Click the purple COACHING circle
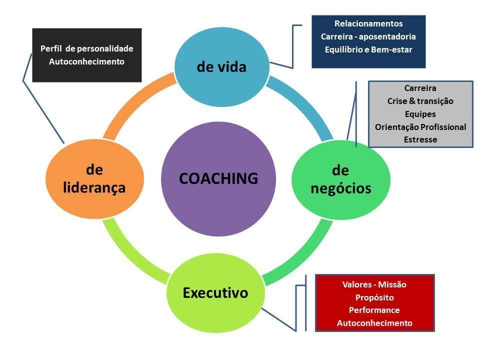[218, 178]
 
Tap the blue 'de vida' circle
[221, 66]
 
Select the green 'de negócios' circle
[340, 179]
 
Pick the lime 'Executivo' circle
[215, 292]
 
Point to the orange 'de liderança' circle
[94, 179]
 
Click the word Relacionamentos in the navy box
[368, 23]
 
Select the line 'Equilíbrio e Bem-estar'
[368, 49]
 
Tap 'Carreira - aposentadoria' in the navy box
[368, 36]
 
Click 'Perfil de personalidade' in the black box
[86, 48]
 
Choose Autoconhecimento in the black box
[86, 61]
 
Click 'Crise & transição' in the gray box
[420, 101]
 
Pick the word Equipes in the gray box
[420, 114]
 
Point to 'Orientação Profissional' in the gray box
[420, 127]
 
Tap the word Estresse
[420, 140]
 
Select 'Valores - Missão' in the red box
[374, 284]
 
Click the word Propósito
[374, 297]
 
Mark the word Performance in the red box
[374, 310]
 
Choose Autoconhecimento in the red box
[374, 323]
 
